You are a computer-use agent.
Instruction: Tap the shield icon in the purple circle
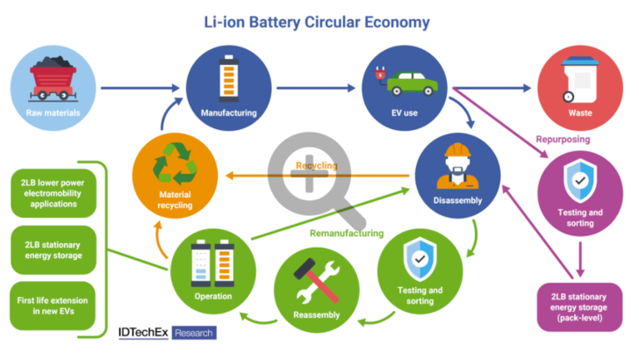point(580,180)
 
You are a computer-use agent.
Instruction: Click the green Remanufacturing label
point(347,234)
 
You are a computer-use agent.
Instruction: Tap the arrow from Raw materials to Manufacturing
point(141,88)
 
